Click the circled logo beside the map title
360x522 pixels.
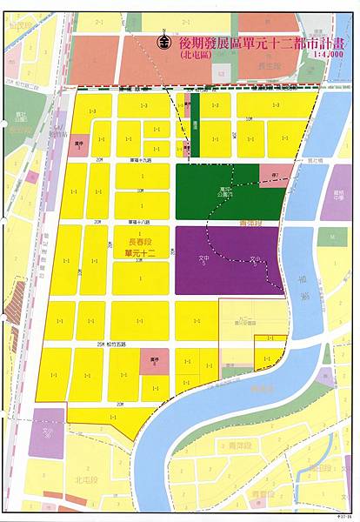coord(162,41)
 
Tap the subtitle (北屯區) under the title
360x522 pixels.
coord(199,54)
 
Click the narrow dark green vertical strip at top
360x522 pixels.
coord(195,125)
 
